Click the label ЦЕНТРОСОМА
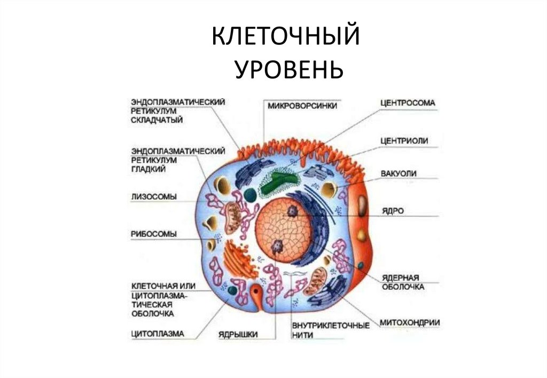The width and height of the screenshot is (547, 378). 408,102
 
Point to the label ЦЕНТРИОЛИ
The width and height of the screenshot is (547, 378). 404,141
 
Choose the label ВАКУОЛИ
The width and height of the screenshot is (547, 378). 398,174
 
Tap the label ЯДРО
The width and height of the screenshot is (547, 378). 393,210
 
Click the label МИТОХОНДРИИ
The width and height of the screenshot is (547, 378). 410,322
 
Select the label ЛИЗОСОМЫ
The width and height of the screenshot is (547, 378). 153,196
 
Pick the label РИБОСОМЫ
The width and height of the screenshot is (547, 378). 154,233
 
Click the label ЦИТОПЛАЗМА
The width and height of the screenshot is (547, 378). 158,334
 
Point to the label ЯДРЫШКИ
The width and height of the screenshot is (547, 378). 238,334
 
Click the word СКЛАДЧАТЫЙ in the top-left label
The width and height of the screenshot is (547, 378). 157,120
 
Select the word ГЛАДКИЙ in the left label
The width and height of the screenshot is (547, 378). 147,169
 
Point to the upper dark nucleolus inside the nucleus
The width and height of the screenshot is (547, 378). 293,211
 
